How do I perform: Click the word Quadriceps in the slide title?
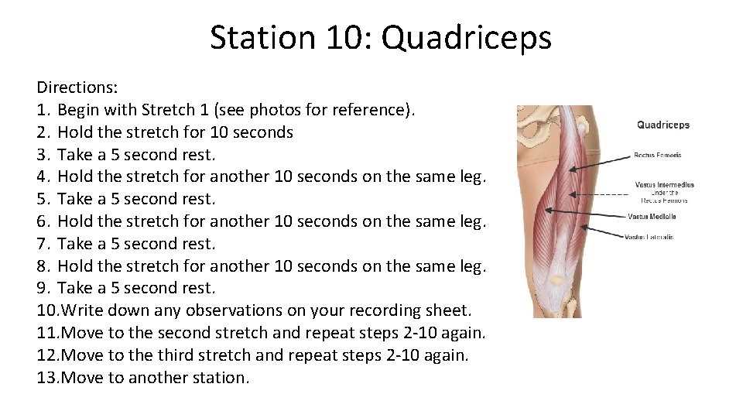tap(466, 37)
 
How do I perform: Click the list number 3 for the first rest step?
tap(43, 154)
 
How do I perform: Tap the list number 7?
tap(43, 244)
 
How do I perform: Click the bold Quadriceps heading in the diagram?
tap(663, 125)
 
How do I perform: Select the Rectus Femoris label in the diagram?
tap(657, 155)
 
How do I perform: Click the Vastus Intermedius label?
tap(664, 185)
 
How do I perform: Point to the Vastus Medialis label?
tap(652, 217)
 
